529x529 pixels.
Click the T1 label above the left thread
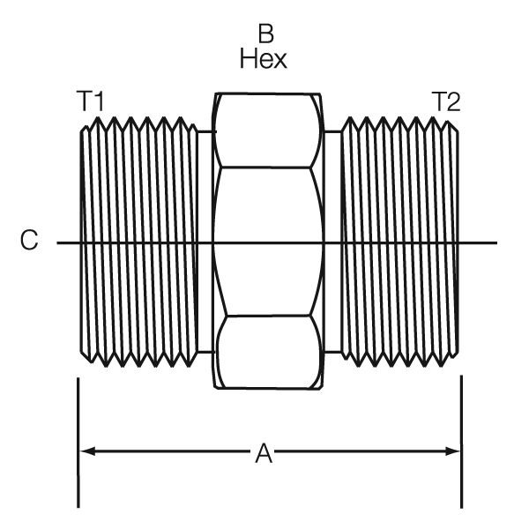click(90, 102)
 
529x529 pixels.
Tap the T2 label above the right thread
click(445, 102)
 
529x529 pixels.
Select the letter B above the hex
click(264, 35)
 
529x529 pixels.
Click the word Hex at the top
click(264, 59)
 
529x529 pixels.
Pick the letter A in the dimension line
click(264, 453)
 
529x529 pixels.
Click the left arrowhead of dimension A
click(86, 451)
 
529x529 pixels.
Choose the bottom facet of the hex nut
click(269, 351)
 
